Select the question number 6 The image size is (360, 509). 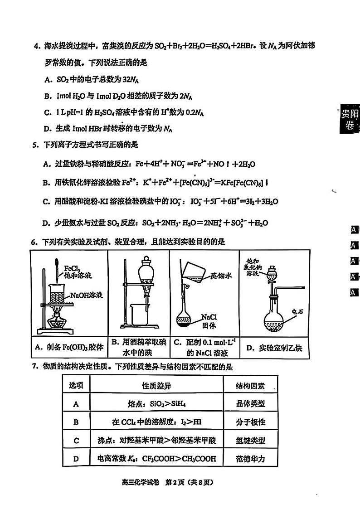tap(34, 242)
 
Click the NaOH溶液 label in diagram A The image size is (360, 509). tap(87, 295)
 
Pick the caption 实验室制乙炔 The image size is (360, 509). tap(274, 348)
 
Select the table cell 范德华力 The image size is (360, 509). tap(250, 459)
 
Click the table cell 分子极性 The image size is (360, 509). tap(250, 422)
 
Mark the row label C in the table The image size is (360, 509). tap(76, 440)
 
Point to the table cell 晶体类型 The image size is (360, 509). tap(250, 403)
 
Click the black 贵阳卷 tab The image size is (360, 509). tap(350, 119)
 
